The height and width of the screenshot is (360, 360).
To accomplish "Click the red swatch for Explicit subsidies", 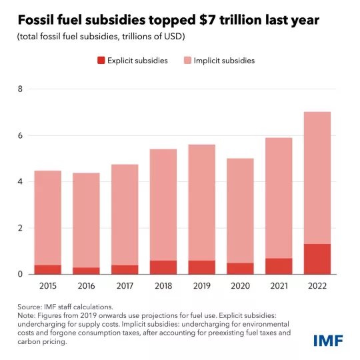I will tap(102, 61).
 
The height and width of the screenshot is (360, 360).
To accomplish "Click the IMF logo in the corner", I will tap(329, 340).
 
